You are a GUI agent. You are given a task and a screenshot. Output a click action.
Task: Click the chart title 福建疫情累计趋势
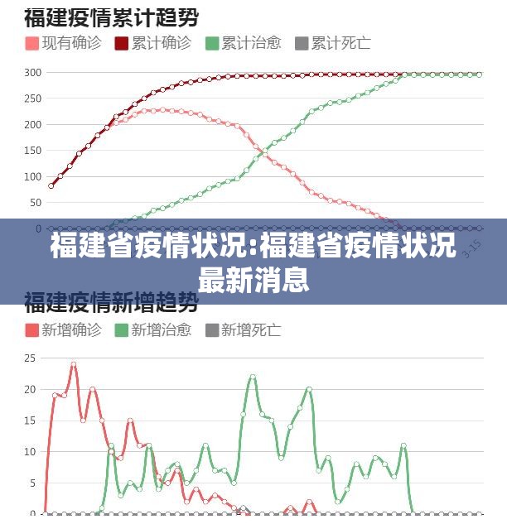tap(116, 17)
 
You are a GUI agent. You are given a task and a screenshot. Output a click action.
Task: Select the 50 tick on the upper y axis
tap(33, 203)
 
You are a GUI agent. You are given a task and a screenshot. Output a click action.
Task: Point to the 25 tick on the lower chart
tap(30, 358)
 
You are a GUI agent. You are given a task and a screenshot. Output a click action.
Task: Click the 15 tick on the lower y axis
tap(30, 421)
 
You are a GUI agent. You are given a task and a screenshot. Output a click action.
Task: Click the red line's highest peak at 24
tap(74, 364)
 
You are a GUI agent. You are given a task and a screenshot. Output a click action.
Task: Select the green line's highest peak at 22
tap(253, 377)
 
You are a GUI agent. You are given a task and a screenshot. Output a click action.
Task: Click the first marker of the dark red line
tap(51, 185)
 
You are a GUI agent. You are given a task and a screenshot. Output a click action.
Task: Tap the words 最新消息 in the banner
tap(254, 280)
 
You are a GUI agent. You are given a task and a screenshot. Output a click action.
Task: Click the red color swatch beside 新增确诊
tap(32, 330)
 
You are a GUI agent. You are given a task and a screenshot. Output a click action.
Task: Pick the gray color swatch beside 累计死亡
tap(302, 43)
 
